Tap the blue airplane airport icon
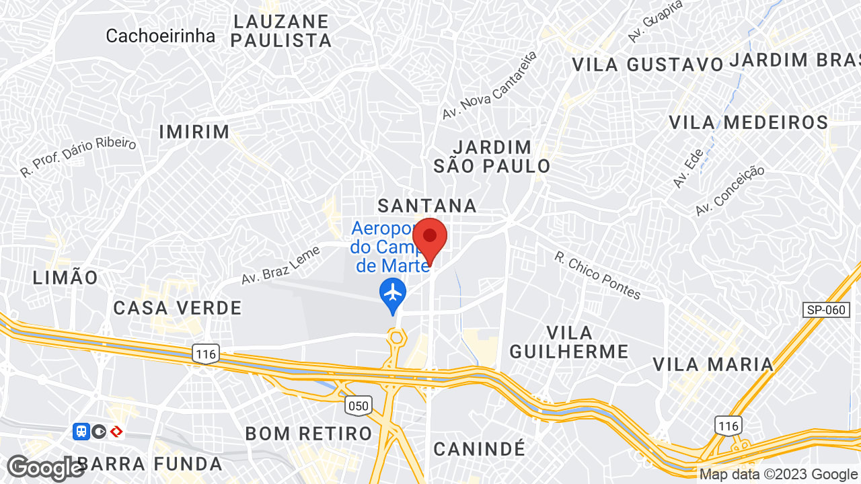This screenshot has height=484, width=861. (392, 293)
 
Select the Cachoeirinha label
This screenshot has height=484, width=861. (160, 36)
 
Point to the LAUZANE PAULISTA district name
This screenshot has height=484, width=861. (281, 31)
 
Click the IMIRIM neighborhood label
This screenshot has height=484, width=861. (194, 132)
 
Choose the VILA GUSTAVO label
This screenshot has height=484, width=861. (647, 65)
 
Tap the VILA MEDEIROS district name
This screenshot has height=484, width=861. (748, 122)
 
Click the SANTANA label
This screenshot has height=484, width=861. (427, 205)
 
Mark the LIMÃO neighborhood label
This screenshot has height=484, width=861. (65, 277)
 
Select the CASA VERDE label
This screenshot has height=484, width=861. (178, 308)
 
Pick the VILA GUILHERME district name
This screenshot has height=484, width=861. (569, 341)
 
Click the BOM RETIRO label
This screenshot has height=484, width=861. (309, 434)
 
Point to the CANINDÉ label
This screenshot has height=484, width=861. (478, 448)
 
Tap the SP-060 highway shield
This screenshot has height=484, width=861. (825, 310)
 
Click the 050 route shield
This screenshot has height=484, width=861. (359, 405)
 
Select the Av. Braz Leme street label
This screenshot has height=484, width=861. (280, 264)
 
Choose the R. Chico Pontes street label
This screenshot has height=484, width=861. (597, 275)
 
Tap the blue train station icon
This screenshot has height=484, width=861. (81, 431)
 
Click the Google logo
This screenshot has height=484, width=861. (45, 468)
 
